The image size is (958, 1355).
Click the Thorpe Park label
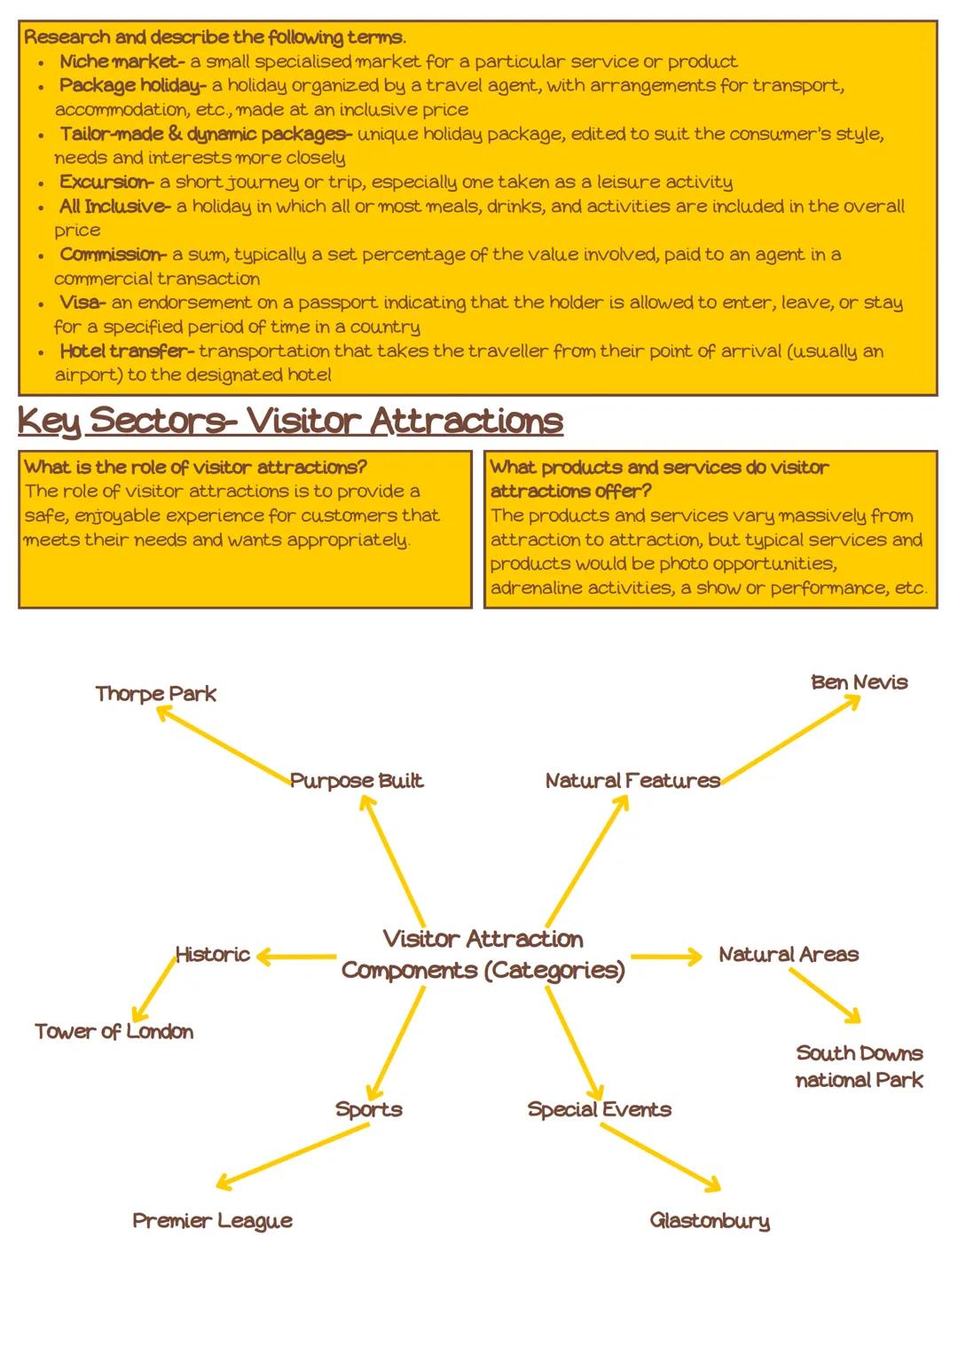click(155, 694)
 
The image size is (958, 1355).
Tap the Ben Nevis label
click(859, 682)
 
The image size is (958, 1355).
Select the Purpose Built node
click(357, 781)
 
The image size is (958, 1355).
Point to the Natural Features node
click(632, 781)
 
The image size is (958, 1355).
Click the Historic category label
click(212, 955)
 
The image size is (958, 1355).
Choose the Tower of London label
click(114, 1031)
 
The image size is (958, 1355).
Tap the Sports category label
click(369, 1109)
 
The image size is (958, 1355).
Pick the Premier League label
click(212, 1221)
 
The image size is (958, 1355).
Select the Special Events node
click(599, 1109)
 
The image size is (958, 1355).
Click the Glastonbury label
click(710, 1221)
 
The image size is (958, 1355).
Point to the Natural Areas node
click(789, 955)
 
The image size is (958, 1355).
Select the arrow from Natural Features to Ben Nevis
click(789, 740)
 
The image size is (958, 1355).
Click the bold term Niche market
click(121, 62)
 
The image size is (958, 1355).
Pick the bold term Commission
click(112, 255)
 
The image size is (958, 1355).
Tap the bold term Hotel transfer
click(126, 351)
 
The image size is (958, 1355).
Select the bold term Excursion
click(106, 183)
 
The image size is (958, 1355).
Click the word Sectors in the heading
click(157, 421)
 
